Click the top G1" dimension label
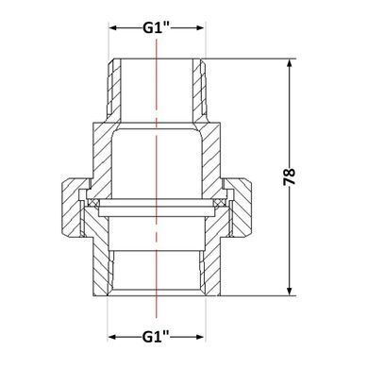157,28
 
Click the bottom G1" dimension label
156,337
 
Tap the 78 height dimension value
290,176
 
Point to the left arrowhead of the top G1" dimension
113,28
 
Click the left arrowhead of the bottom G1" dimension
112,337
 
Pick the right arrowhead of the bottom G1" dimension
200,337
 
